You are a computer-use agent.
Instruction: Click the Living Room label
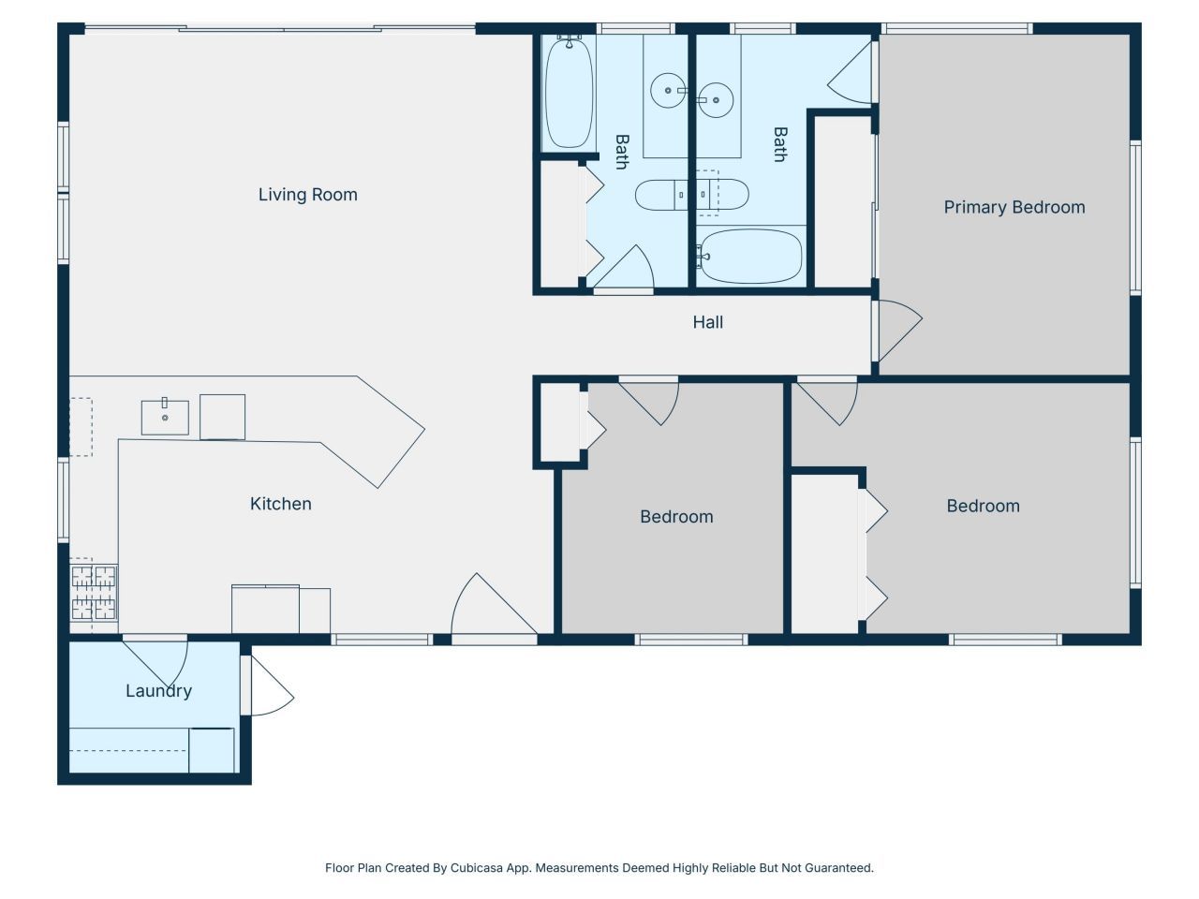[307, 195]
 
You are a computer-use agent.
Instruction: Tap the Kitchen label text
[280, 504]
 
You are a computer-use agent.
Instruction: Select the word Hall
[707, 322]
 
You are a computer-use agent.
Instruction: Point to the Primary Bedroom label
[1014, 208]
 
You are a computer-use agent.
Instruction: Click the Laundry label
[158, 691]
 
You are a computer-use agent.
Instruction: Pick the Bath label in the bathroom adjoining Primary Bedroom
[779, 145]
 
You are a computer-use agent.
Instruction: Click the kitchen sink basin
[165, 417]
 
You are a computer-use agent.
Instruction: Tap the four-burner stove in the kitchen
[94, 593]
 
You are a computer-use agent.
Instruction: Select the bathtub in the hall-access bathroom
[569, 92]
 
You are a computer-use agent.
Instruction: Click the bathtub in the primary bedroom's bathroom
[750, 257]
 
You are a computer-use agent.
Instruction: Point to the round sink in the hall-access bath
[668, 91]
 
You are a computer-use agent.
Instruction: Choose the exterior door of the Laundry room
[268, 687]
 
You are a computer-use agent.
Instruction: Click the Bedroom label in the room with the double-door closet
[983, 507]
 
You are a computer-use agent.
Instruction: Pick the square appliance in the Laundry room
[212, 750]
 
